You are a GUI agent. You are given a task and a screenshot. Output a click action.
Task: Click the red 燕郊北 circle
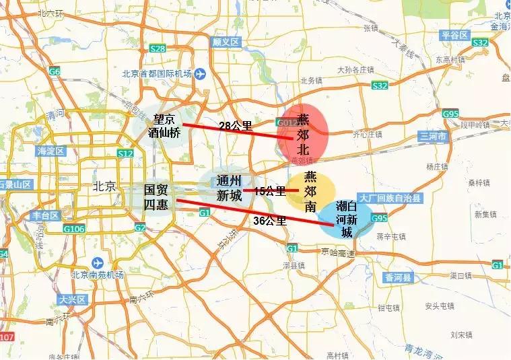click(303, 133)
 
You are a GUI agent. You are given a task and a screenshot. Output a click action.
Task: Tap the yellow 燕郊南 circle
click(310, 191)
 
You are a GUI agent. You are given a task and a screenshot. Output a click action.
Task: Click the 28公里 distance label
click(236, 125)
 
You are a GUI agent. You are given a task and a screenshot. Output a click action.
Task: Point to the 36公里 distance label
click(269, 220)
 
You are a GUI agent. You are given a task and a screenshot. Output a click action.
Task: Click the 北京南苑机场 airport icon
click(100, 262)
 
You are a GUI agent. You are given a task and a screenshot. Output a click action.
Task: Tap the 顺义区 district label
click(226, 42)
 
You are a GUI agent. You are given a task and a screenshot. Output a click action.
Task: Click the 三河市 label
click(433, 136)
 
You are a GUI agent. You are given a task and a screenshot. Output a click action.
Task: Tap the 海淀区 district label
click(50, 150)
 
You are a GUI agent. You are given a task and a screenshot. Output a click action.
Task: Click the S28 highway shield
click(158, 48)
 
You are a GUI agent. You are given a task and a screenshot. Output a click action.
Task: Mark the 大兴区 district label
click(69, 299)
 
